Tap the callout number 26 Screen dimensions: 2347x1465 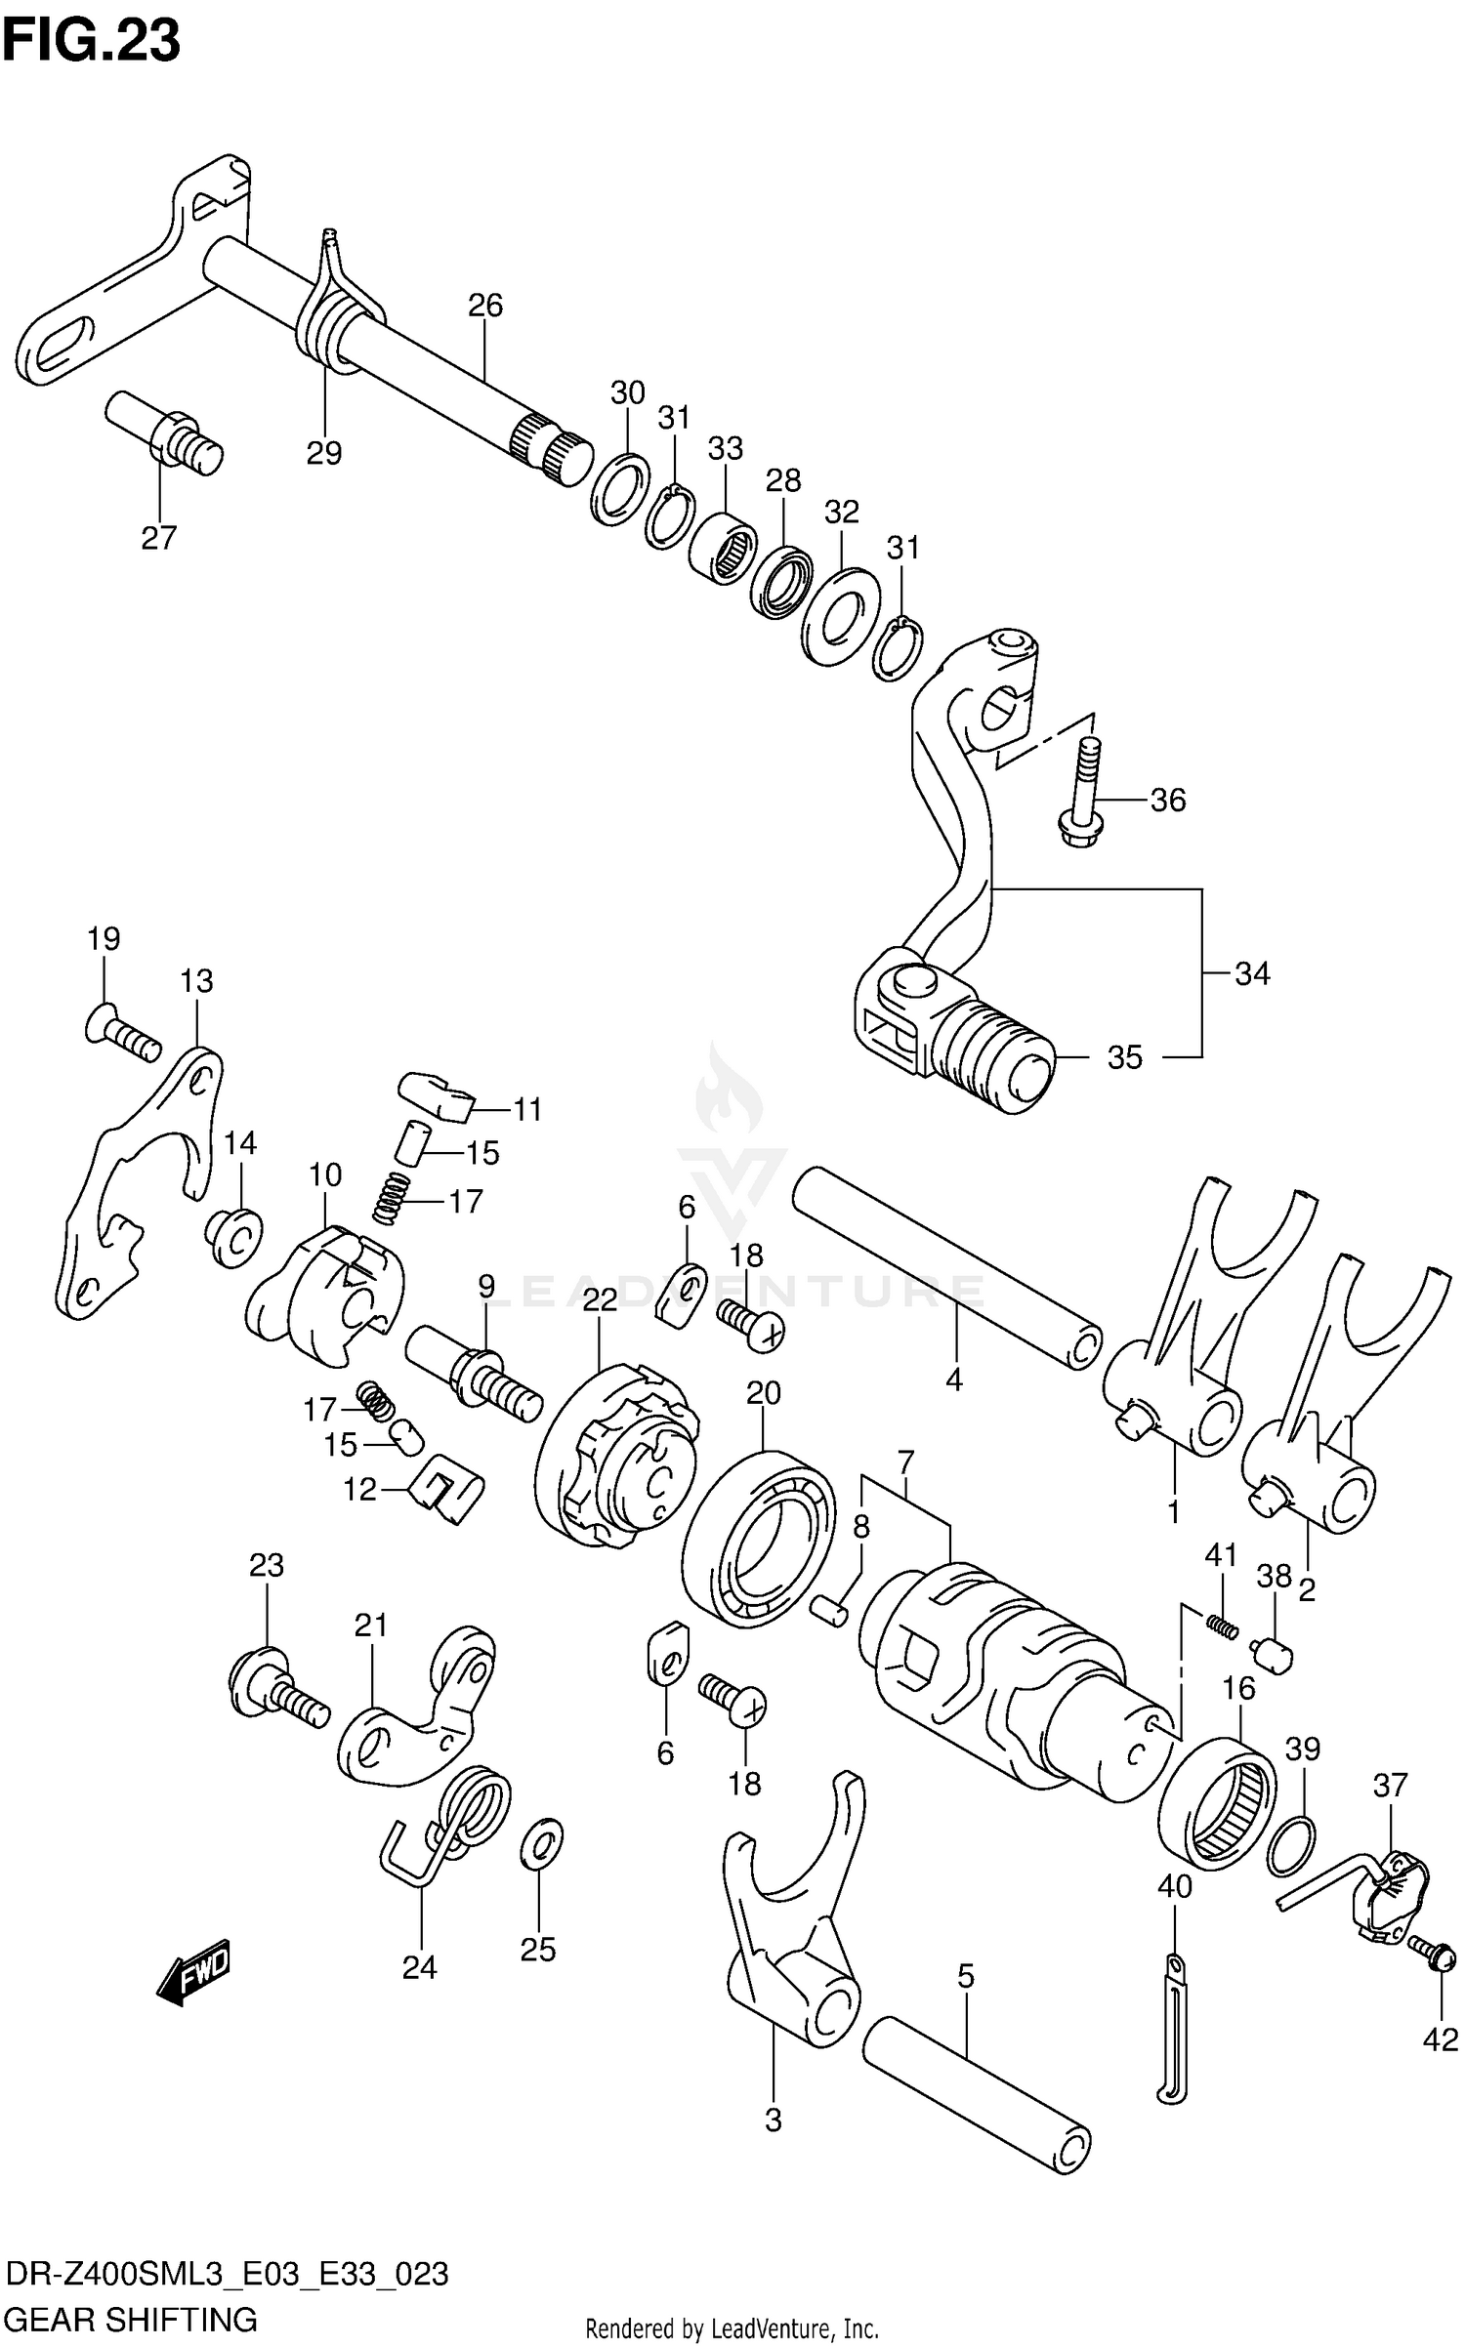pyautogui.click(x=485, y=306)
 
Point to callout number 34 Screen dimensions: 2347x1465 pyautogui.click(x=1252, y=973)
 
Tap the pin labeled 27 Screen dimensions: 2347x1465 pyautogui.click(x=164, y=431)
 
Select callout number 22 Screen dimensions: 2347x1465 pyautogui.click(x=600, y=1299)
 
